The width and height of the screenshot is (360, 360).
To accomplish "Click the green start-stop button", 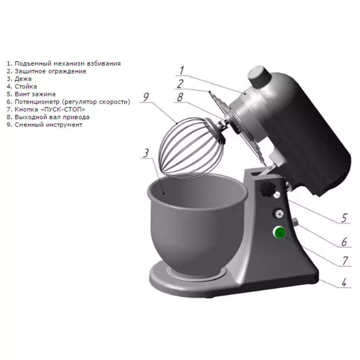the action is point(279,232).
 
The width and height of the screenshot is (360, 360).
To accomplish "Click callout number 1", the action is point(181,70).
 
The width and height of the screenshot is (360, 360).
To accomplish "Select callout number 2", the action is point(180,84).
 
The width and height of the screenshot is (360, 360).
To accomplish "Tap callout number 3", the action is point(146,153).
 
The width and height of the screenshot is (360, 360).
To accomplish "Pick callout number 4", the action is point(344,283).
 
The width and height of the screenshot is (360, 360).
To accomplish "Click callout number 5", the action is point(344,218).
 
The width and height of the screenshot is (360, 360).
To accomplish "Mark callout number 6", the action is point(344,242).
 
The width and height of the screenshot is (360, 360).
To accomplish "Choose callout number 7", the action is point(345,261).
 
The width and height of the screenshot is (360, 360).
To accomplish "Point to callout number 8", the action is point(180,97).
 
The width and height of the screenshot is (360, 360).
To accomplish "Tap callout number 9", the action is point(146,97).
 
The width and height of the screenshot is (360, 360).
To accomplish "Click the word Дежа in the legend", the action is point(23,79).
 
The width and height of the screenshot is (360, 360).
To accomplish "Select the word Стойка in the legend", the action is point(26,86).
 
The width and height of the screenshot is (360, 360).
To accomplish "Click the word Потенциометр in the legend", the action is point(37,102).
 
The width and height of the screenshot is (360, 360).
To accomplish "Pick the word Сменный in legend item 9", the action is point(30,125).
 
